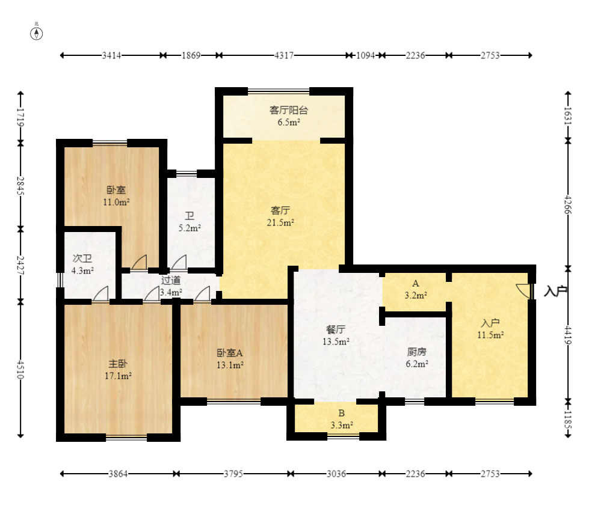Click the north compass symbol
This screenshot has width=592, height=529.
coord(37,34)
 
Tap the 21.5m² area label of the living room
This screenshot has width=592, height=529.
coord(280,222)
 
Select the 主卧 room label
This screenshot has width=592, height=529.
coord(118,364)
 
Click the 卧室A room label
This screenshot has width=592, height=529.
coord(230,353)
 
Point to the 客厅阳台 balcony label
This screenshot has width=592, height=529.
coord(289,110)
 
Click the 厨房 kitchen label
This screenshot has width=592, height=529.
coord(417,352)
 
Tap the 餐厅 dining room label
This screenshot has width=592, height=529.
coord(335,329)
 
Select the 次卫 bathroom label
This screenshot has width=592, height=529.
coord(82,259)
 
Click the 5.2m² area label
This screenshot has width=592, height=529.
coord(190,228)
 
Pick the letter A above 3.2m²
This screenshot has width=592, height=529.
coord(416,283)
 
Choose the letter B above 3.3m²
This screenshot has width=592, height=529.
coord(341,413)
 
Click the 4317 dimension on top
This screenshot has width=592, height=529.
coord(283,55)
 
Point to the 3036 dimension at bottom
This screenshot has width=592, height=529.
coord(336,474)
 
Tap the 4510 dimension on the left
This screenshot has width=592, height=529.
coord(21,369)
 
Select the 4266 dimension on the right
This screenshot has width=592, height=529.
coord(568,204)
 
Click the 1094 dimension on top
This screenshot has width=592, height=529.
coord(365,55)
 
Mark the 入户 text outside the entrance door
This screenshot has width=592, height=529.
coord(555,292)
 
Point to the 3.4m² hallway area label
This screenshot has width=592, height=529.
coord(171,292)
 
